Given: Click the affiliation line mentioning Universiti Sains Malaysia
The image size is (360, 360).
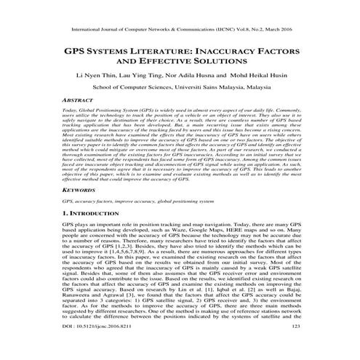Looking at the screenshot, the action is pos(180,87).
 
